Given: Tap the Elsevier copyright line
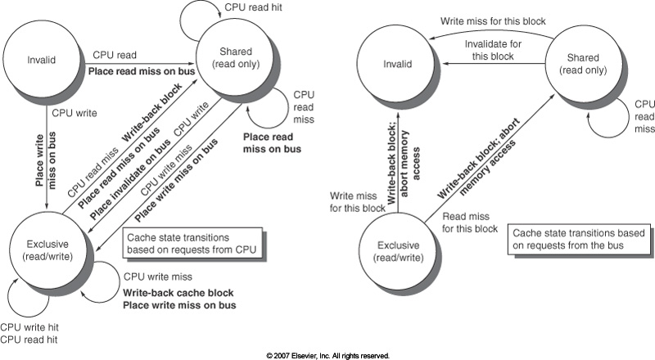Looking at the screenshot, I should click(x=327, y=355).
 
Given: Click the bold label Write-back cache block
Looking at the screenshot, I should click(x=178, y=293).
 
